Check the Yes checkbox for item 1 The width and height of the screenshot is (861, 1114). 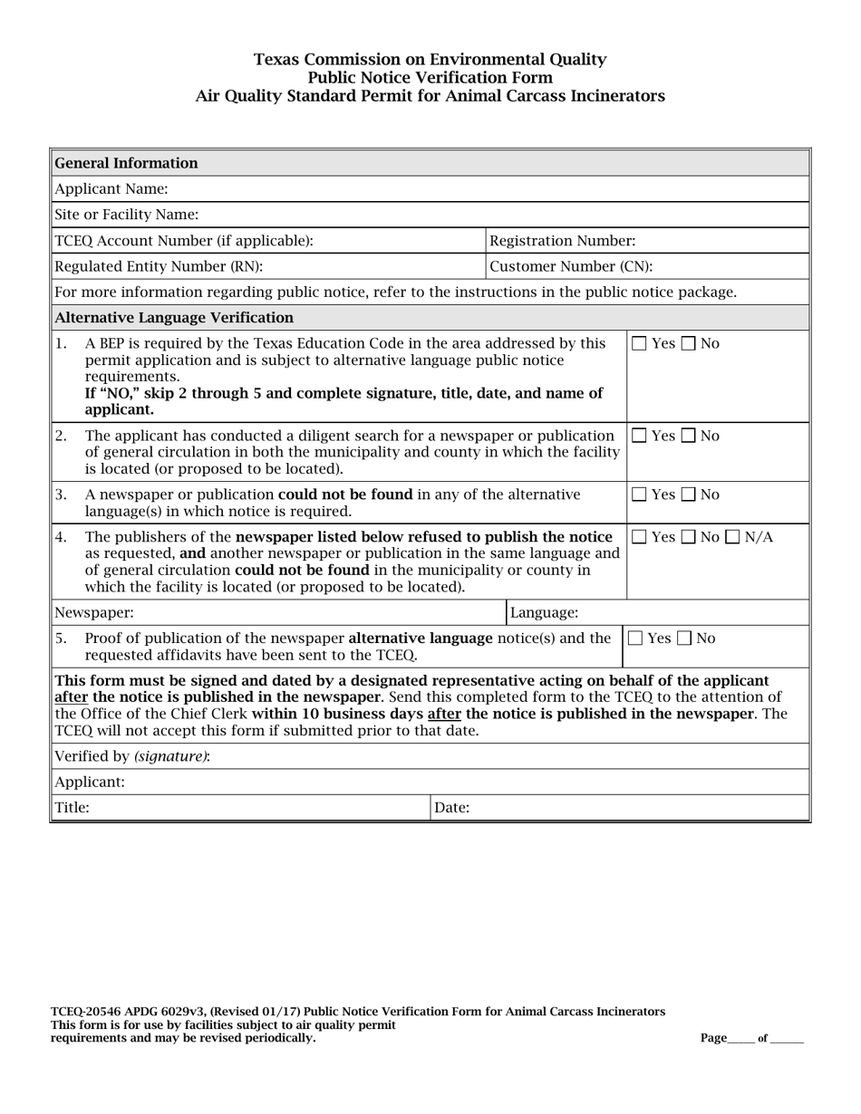(640, 344)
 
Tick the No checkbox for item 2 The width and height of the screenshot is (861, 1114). (690, 437)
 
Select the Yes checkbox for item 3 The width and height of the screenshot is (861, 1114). (640, 495)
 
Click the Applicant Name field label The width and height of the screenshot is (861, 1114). (111, 189)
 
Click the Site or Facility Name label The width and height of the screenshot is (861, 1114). (126, 215)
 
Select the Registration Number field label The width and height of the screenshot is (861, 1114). (562, 241)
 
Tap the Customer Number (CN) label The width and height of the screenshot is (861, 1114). (570, 266)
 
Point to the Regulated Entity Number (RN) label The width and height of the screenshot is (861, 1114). (159, 266)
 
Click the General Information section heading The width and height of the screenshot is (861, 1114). (126, 163)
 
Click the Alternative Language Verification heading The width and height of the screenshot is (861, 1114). (174, 318)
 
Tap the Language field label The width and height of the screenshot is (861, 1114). (544, 613)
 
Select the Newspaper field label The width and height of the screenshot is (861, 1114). (94, 613)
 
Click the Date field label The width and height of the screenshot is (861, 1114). (451, 808)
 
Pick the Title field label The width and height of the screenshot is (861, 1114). (73, 808)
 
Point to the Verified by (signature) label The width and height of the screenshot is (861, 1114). (132, 756)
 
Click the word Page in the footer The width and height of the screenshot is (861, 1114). (713, 1038)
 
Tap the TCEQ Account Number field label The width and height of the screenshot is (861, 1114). (184, 241)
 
